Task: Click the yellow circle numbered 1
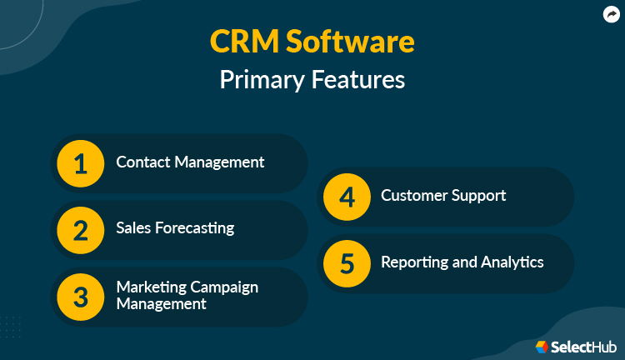80,162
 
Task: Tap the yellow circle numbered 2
80,228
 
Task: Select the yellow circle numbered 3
80,295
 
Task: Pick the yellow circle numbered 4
347,197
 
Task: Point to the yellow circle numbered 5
347,262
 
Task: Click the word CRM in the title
246,42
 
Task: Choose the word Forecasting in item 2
196,228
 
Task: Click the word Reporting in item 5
414,262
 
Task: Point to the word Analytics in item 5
512,262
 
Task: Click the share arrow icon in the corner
610,14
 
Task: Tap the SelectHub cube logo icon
542,346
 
